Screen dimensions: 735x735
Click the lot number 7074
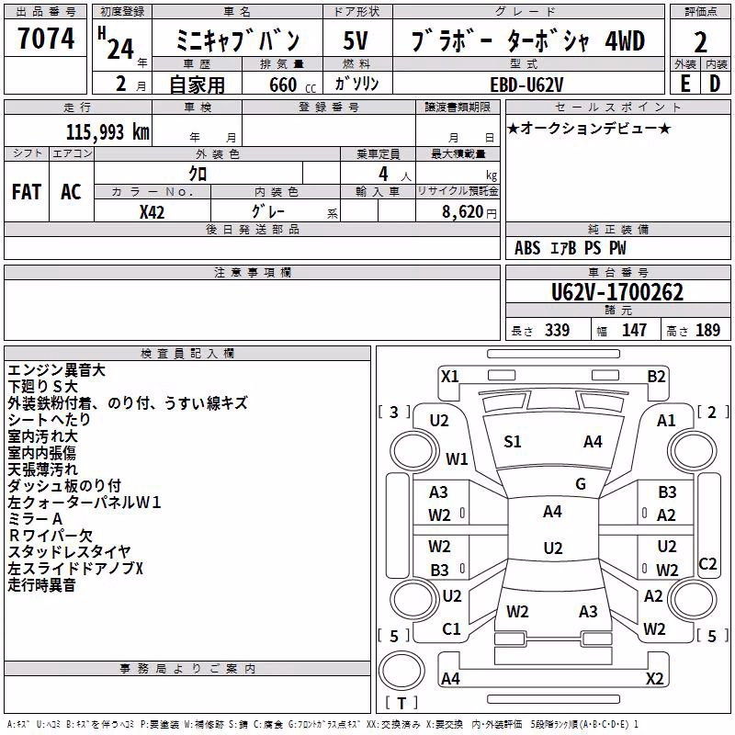tap(46, 39)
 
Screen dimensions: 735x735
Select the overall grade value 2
tap(700, 42)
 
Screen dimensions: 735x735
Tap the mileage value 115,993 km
tap(107, 132)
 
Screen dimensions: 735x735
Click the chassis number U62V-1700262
tap(617, 292)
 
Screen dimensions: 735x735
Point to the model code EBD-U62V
tap(526, 85)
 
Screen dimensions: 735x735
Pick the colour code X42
tap(152, 212)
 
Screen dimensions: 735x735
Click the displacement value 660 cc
tap(292, 85)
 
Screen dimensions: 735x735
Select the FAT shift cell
tap(27, 192)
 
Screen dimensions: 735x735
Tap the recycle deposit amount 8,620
tap(463, 212)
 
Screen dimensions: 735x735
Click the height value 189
tap(707, 330)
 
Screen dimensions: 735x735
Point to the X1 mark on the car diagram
tap(449, 377)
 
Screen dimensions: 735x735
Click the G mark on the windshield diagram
tap(581, 484)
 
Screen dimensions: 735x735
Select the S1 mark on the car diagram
tap(513, 442)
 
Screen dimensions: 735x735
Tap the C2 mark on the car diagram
tap(707, 564)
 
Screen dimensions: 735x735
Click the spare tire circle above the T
tap(401, 671)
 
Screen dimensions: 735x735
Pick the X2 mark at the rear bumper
tap(654, 678)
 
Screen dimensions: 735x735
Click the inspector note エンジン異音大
tap(56, 370)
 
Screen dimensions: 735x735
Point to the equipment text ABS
tap(527, 248)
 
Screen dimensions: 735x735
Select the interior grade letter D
tap(715, 84)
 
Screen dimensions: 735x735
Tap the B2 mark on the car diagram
tap(656, 377)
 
